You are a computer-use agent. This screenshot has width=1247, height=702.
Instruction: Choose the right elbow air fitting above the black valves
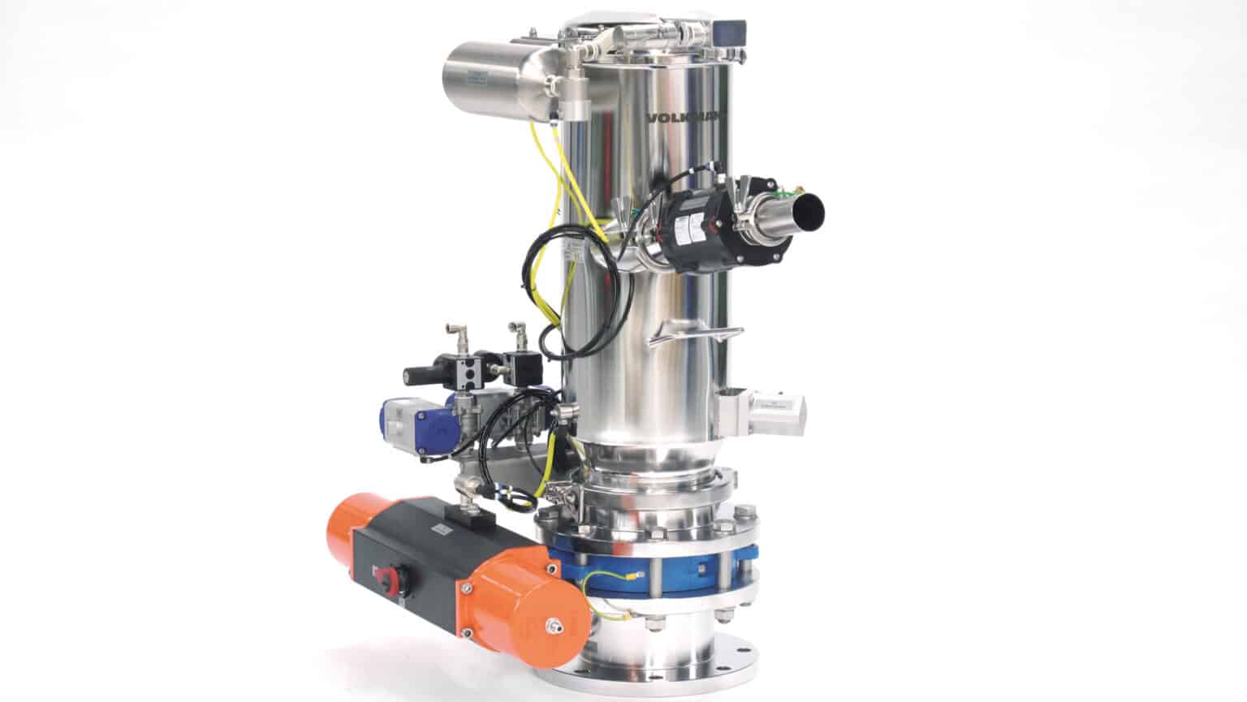tap(516, 334)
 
